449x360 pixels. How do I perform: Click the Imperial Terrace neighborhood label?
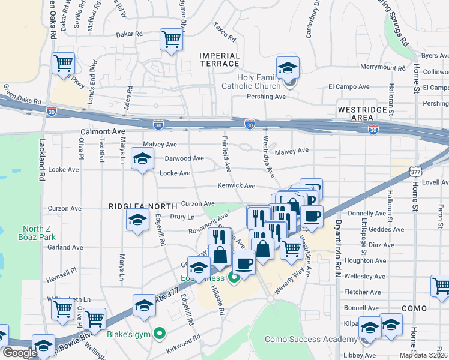pyautogui.click(x=219, y=59)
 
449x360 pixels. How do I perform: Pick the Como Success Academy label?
pyautogui.click(x=323, y=339)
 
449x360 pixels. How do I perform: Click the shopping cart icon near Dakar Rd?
pyautogui.click(x=171, y=40)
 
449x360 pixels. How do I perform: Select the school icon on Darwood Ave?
pyautogui.click(x=142, y=159)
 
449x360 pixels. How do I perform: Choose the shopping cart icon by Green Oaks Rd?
pyautogui.click(x=63, y=63)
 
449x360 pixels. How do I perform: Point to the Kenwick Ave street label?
pyautogui.click(x=237, y=186)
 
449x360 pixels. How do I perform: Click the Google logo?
pyautogui.click(x=20, y=353)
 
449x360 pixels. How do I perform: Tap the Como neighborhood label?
pyautogui.click(x=414, y=308)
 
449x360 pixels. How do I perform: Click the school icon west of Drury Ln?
pyautogui.click(x=138, y=221)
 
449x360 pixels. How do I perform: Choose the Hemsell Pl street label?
pyautogui.click(x=62, y=271)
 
